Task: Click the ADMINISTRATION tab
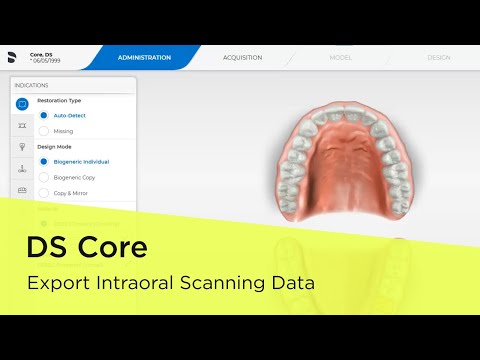click(x=144, y=58)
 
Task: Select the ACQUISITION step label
click(x=242, y=58)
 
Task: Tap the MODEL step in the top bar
click(x=340, y=58)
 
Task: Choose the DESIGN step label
click(x=438, y=58)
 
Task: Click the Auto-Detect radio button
click(x=44, y=116)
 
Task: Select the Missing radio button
click(x=44, y=131)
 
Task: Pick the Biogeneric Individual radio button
click(x=44, y=161)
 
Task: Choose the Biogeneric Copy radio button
click(x=44, y=176)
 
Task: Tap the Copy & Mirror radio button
click(x=44, y=192)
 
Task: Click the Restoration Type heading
click(x=59, y=100)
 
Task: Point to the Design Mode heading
click(x=55, y=146)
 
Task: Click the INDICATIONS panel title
click(x=32, y=85)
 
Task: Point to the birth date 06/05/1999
click(x=48, y=61)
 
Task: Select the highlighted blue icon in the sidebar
click(x=22, y=104)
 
